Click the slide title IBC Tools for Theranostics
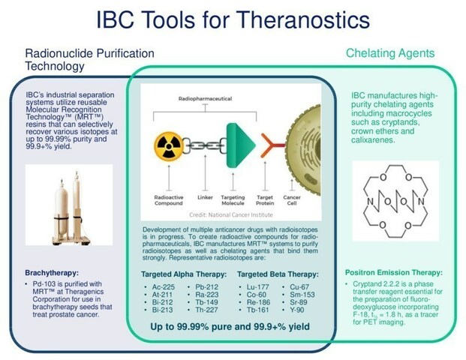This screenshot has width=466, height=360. (233, 21)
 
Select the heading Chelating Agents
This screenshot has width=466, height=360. (390, 53)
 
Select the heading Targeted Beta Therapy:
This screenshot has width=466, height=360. (277, 274)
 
